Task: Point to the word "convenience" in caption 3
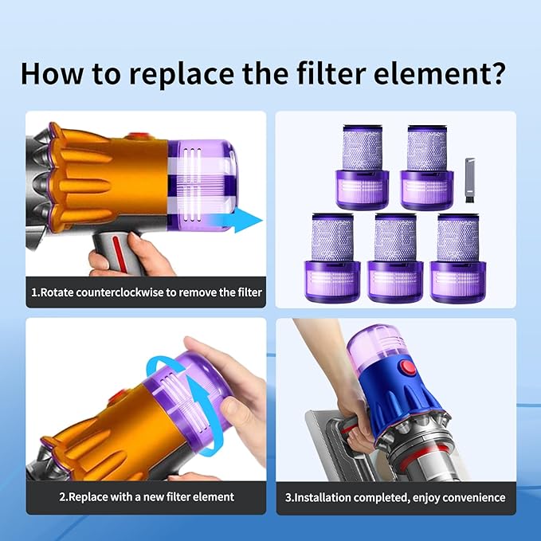(x=471, y=497)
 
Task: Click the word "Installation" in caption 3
(x=324, y=497)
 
